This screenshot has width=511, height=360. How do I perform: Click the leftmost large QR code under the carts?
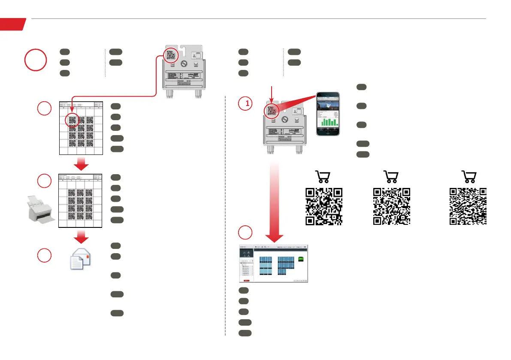click(324, 206)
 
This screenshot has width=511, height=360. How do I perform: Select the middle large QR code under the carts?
click(392, 206)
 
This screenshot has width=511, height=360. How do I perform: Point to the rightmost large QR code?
click(468, 206)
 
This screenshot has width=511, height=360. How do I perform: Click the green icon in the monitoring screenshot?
click(301, 259)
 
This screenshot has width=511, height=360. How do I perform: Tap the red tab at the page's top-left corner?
click(12, 24)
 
